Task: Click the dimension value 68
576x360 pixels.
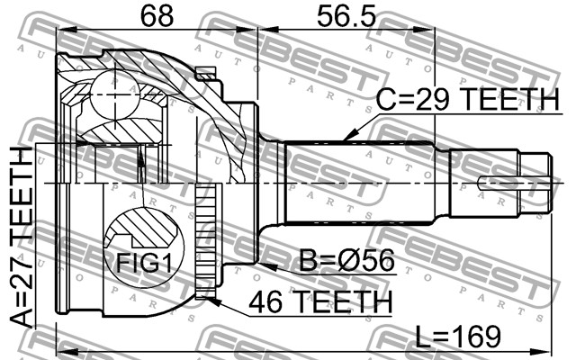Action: click(157, 15)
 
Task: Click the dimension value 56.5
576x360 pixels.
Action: click(346, 15)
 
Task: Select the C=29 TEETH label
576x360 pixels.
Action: click(468, 99)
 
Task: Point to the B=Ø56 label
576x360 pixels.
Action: click(347, 260)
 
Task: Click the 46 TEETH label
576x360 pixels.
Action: click(320, 301)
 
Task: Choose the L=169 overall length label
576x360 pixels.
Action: click(458, 336)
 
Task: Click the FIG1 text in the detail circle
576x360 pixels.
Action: click(144, 263)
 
